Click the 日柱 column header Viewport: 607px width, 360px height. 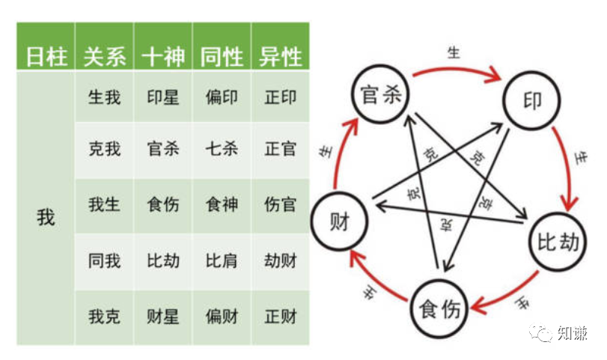click(46, 57)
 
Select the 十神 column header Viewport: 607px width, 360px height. click(163, 57)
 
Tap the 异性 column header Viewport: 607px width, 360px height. click(280, 57)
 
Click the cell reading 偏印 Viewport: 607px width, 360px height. click(222, 98)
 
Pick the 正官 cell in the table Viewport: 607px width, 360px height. click(280, 148)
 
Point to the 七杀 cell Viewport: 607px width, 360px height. click(222, 148)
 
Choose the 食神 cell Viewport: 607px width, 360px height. click(222, 204)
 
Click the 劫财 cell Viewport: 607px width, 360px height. click(280, 260)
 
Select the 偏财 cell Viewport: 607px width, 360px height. click(222, 316)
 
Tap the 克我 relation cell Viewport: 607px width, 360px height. click(105, 148)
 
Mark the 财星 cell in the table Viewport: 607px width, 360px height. click(163, 316)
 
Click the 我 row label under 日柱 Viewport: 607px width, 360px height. click(46, 218)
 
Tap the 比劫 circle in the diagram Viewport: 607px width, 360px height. click(558, 242)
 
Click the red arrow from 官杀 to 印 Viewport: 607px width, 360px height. click(454, 69)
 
